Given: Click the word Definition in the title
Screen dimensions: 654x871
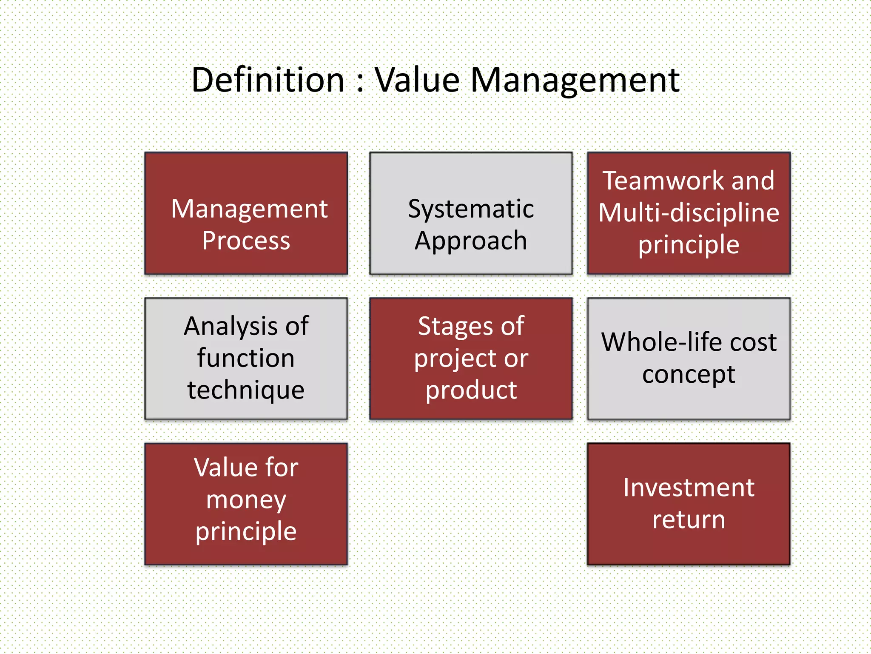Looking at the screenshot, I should (x=268, y=80).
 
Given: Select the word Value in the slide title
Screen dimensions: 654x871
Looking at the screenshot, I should (x=417, y=80).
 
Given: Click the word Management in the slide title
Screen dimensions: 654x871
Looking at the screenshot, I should (x=575, y=81).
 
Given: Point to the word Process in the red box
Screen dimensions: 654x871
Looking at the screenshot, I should (x=246, y=241).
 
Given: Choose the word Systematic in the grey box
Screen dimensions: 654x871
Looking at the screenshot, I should (x=471, y=209).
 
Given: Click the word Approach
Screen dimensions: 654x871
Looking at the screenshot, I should (x=471, y=241).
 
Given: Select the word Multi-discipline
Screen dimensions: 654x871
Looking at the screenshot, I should (x=689, y=212).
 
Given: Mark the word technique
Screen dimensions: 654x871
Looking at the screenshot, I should (x=246, y=390).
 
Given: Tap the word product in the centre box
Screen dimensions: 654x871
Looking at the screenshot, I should (x=471, y=390).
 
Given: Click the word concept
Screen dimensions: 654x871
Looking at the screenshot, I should (x=689, y=375).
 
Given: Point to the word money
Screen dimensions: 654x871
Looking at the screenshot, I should (x=246, y=499).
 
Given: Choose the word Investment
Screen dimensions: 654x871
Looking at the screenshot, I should (x=689, y=488).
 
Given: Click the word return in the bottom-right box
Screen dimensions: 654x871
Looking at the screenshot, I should (x=689, y=520).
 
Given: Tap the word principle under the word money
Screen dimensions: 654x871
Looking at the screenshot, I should (x=246, y=532).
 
